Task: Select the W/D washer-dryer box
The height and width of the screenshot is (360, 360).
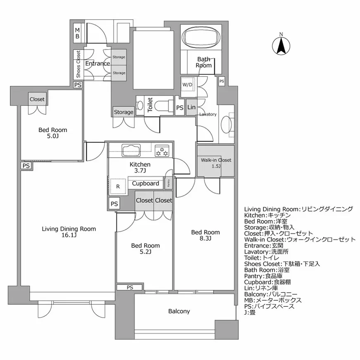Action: [187, 85]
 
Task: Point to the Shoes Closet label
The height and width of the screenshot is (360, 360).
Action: [78, 64]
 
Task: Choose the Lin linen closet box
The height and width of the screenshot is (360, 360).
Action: [191, 107]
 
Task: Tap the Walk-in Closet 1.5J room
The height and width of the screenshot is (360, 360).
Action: [216, 162]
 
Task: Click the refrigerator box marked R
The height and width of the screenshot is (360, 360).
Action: [118, 186]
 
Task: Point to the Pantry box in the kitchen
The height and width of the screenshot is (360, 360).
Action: [168, 182]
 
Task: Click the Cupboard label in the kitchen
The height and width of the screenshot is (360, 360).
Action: [145, 183]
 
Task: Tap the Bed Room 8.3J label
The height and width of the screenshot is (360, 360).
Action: [205, 235]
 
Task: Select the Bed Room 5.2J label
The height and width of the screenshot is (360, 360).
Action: [145, 249]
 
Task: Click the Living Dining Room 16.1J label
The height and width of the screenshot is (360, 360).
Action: [69, 232]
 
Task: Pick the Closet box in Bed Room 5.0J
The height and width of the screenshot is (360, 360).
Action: [37, 99]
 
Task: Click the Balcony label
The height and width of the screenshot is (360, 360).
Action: [179, 311]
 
